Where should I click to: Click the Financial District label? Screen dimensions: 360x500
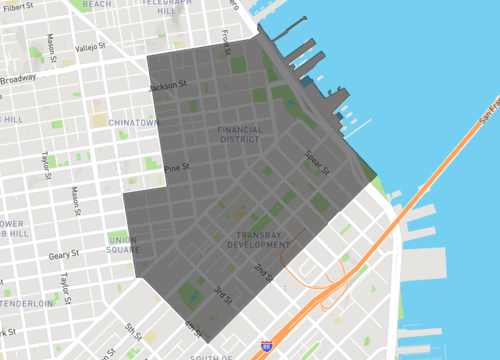[240, 133]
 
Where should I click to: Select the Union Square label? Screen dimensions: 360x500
[123, 244]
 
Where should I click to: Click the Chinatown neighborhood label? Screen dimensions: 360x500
[133, 122]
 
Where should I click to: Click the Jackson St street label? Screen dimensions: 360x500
[168, 86]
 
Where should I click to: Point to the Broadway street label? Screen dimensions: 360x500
[17, 79]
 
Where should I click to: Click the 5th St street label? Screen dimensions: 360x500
[132, 328]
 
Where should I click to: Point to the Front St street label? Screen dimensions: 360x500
[227, 40]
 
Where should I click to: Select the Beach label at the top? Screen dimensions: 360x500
[97, 4]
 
